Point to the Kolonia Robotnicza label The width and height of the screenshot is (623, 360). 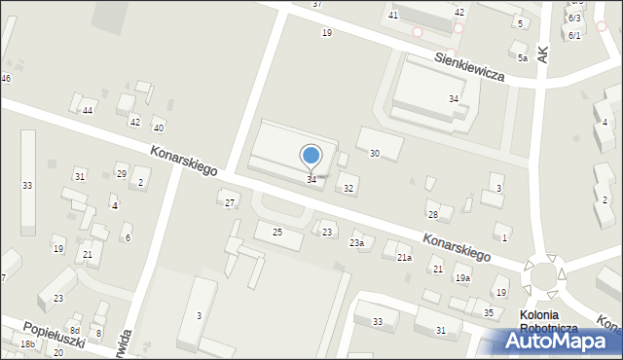(552, 322)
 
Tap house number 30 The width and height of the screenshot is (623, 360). (375, 154)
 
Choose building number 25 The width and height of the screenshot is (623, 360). (277, 232)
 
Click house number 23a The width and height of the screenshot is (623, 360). (357, 243)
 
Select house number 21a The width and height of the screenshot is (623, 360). (404, 257)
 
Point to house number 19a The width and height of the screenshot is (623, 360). (462, 278)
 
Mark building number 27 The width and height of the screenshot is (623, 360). (230, 202)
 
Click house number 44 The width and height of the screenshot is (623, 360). (87, 111)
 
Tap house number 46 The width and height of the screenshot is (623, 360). (6, 78)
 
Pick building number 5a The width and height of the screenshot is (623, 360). (523, 58)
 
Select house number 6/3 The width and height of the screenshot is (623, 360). (574, 18)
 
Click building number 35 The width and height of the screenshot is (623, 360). (489, 312)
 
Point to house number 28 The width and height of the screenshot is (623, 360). (433, 214)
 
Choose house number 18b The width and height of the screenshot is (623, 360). (28, 344)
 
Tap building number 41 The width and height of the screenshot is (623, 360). (393, 16)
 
